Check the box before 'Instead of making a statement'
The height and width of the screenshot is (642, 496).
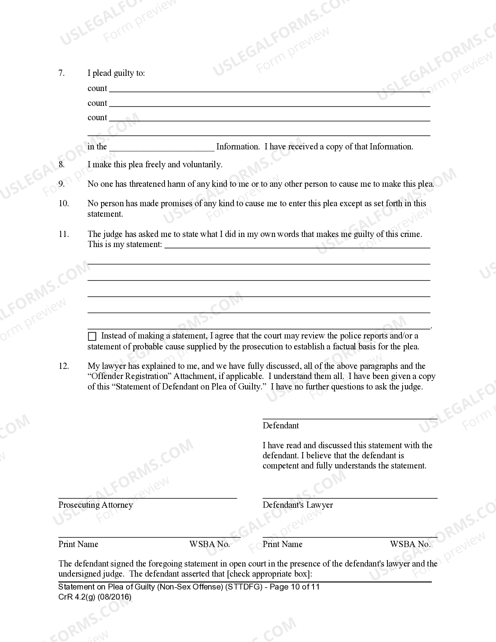(92, 337)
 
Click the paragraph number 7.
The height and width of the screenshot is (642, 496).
(61, 73)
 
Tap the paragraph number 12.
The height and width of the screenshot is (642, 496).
(64, 366)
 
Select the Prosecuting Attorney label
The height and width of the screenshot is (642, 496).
(96, 505)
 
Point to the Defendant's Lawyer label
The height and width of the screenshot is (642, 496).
(298, 505)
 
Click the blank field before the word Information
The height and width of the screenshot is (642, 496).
(162, 147)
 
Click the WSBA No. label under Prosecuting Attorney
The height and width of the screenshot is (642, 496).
(209, 544)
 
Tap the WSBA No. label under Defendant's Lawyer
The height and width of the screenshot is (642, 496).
(410, 544)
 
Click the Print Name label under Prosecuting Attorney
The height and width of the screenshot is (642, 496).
(78, 544)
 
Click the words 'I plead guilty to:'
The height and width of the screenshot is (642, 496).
(116, 73)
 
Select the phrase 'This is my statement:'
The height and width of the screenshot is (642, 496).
(125, 244)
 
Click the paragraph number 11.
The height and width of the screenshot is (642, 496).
(64, 234)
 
